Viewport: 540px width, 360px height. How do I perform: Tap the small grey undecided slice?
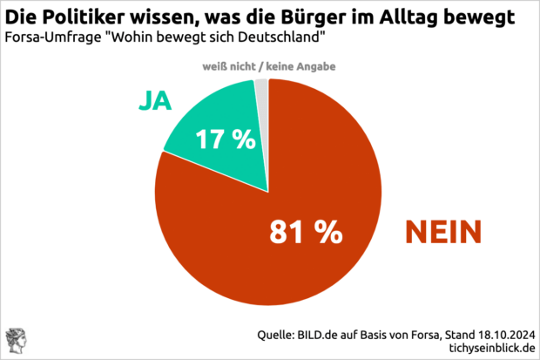[x=261, y=87]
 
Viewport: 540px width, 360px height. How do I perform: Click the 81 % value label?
[x=305, y=231]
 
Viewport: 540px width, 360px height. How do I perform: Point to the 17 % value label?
[x=225, y=139]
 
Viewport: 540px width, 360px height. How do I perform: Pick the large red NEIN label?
[x=444, y=231]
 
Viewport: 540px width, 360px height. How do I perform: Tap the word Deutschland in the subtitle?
[x=279, y=39]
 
